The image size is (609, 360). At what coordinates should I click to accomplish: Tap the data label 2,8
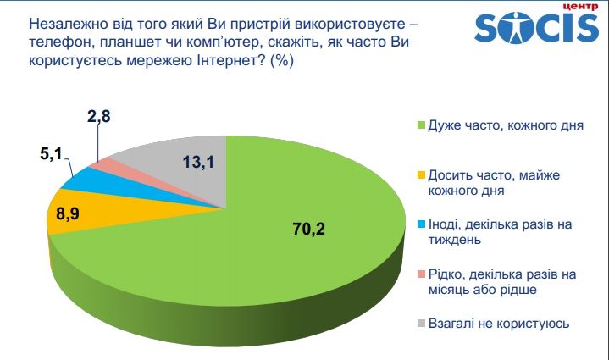pos(98,118)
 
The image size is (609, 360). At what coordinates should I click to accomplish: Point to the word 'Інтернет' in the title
pos(225,64)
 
